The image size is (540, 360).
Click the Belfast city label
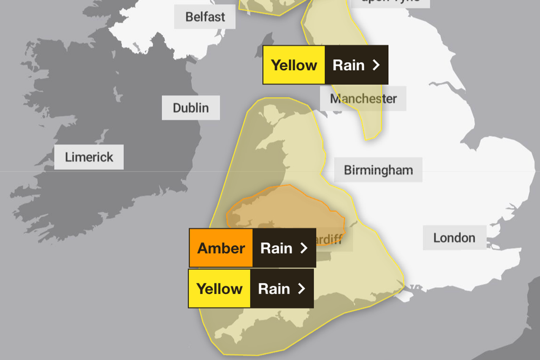coord(205,17)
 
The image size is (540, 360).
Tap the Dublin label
coord(191,108)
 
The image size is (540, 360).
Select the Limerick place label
coord(89,157)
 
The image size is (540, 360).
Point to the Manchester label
coord(363,99)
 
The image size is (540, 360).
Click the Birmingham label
coord(378,170)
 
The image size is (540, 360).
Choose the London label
coord(454,237)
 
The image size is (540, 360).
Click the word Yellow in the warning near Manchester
coord(294,65)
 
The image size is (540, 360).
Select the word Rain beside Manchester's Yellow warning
coord(348,65)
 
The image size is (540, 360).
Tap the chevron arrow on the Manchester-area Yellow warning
coord(376,65)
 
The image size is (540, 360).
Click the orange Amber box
coord(221,248)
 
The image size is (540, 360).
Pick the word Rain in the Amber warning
coord(276,248)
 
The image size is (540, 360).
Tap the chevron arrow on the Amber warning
coord(303,248)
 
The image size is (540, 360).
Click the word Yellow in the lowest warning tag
coord(219,289)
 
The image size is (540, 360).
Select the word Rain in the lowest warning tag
coord(274,289)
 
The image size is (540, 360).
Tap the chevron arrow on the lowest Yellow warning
coord(301,289)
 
